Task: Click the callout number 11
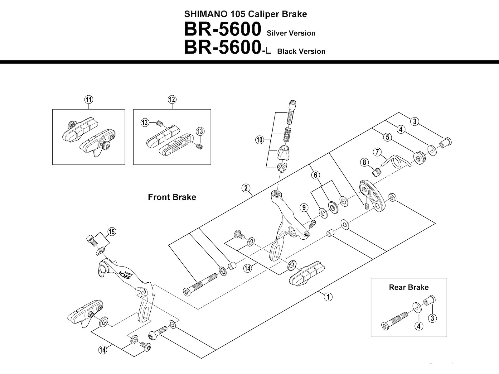click(89, 100)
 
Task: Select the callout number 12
click(172, 100)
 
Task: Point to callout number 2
click(246, 188)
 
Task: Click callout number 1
click(328, 297)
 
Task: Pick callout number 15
click(112, 232)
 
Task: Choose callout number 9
click(304, 207)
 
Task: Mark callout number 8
click(364, 162)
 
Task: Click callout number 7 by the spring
click(377, 152)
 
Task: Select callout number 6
click(316, 175)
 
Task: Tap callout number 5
click(387, 137)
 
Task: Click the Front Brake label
click(172, 197)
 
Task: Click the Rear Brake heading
click(409, 287)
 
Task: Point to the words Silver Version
click(291, 33)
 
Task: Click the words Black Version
click(301, 51)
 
